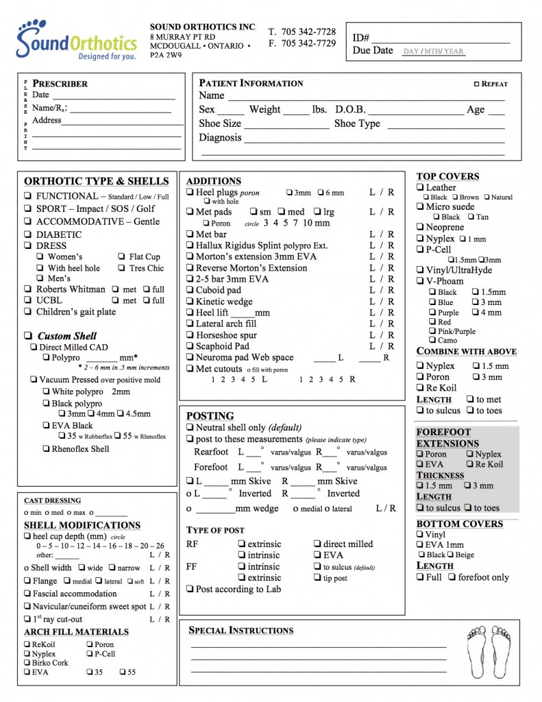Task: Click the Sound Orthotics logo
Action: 77,40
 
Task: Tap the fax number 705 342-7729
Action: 308,43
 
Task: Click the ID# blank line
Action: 441,38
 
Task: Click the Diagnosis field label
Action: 220,138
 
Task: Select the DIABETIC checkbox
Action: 27,234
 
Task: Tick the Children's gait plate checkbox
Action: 27,312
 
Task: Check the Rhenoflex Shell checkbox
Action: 45,449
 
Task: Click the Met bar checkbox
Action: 190,234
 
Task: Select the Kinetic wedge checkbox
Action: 190,301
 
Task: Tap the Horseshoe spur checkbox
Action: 190,335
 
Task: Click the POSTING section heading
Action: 210,416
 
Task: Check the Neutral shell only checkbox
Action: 190,427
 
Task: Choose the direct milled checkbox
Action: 318,544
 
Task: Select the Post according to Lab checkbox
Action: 190,589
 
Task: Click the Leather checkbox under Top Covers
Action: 421,187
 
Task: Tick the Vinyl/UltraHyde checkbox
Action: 421,270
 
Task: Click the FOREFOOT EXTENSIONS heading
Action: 447,437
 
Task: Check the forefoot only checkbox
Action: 452,577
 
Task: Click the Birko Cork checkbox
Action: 27,663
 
